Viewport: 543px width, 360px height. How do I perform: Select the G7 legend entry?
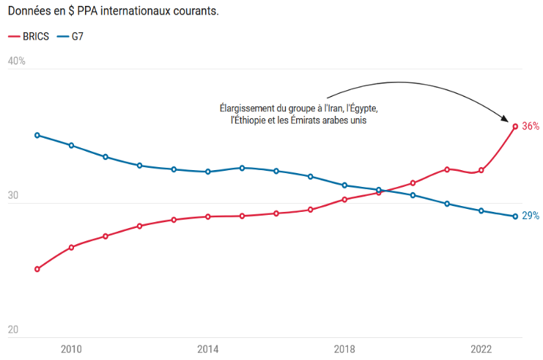[73, 37]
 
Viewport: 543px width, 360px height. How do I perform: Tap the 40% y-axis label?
[16, 61]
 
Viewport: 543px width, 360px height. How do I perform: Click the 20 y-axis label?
[13, 331]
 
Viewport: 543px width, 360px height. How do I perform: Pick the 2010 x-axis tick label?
[71, 349]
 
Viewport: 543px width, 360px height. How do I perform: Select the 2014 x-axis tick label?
[208, 349]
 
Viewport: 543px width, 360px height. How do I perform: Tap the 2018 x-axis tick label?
[344, 349]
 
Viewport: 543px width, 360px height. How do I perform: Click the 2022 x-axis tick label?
[481, 349]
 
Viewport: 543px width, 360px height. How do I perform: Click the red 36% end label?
[531, 126]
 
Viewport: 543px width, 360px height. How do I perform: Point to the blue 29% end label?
[531, 216]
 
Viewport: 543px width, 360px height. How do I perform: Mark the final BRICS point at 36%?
[515, 126]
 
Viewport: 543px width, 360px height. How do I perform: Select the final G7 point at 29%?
[515, 216]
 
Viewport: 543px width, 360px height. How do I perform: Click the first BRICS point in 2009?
[37, 269]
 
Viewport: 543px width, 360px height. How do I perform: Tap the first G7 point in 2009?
[37, 135]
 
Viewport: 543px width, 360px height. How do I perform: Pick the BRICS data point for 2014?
[208, 216]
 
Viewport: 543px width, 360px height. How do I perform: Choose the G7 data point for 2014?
[208, 172]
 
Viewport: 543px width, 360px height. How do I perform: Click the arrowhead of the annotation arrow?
[505, 118]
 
